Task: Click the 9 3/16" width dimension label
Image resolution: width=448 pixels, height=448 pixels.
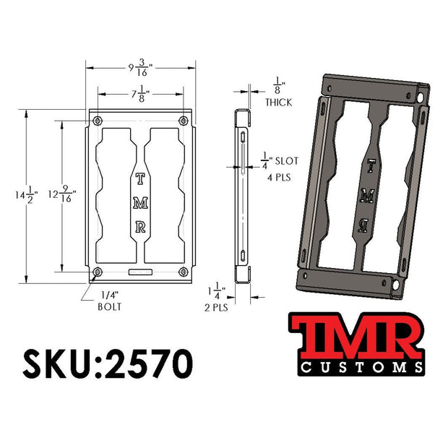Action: click(140, 68)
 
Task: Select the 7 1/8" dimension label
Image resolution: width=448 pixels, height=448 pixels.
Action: click(140, 94)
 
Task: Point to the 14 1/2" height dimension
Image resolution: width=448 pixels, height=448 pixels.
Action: click(27, 195)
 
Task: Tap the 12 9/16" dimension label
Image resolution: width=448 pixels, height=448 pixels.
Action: click(62, 194)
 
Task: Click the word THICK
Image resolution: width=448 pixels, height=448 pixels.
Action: click(279, 103)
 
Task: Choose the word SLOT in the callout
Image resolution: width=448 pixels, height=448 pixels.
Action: click(287, 161)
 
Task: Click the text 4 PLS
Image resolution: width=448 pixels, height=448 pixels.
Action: click(279, 178)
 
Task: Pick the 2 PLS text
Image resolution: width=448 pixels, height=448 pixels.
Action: click(216, 308)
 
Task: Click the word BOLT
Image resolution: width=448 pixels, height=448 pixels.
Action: click(110, 306)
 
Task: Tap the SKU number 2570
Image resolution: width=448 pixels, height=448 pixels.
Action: click(149, 363)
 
